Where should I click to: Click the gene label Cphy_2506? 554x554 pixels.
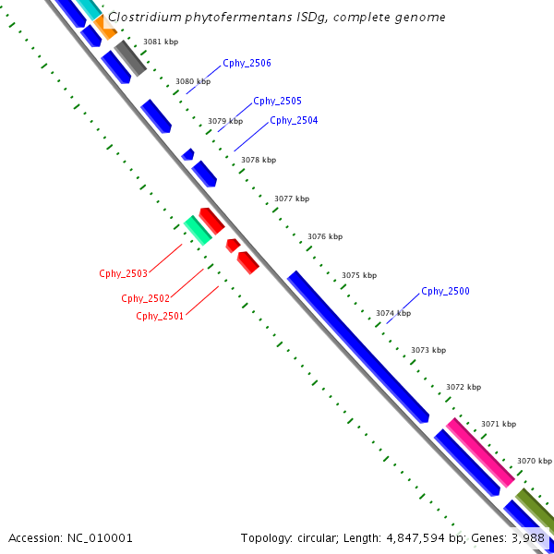[x=247, y=64]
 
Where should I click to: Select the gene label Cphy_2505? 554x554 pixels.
[x=277, y=101]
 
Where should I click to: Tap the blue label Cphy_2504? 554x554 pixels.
[x=294, y=120]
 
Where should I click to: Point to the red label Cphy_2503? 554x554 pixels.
[x=123, y=273]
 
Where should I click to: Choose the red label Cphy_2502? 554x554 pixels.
[x=145, y=298]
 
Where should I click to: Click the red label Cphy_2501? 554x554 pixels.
[x=160, y=316]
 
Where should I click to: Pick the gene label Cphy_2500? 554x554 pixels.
[x=445, y=291]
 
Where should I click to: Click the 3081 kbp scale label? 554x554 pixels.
[x=161, y=42]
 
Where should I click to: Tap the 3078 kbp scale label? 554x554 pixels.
[x=259, y=160]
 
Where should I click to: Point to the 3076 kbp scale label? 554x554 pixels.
[x=325, y=236]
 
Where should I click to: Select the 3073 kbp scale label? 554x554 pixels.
[x=428, y=350]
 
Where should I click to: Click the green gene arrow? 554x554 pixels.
[x=198, y=230]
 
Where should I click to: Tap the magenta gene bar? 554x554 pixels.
[x=480, y=452]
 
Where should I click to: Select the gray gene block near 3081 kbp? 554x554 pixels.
[x=130, y=57]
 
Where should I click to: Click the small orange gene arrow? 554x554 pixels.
[x=104, y=30]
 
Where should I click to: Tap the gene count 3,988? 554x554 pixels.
[x=528, y=537]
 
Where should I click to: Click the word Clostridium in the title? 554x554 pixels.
[x=142, y=18]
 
